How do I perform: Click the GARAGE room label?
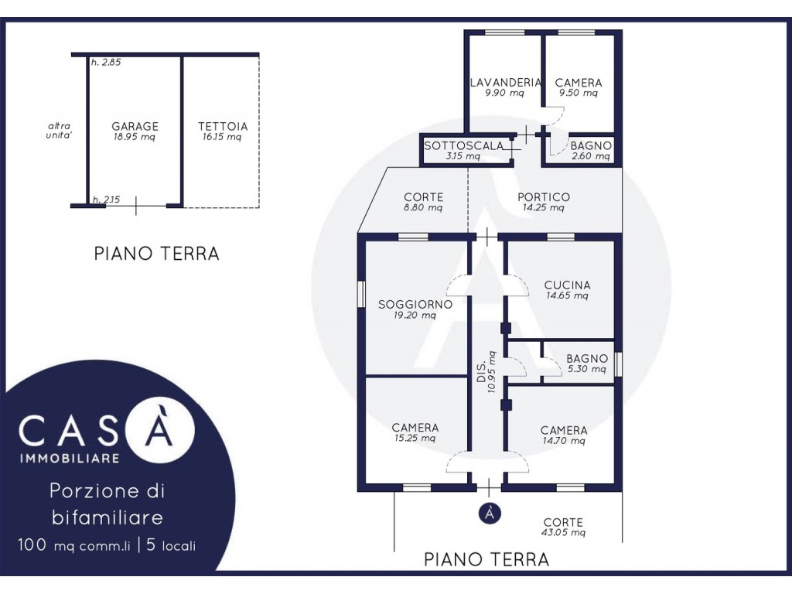tap(135, 126)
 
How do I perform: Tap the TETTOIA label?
tap(223, 126)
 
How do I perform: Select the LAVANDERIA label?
tap(506, 82)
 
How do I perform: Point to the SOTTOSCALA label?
tap(464, 145)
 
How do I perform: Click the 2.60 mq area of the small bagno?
tap(590, 156)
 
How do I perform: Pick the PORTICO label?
tap(544, 197)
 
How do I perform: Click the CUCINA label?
tap(567, 285)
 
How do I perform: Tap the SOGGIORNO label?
tap(415, 305)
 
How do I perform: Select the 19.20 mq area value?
tap(415, 316)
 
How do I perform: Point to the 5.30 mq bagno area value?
tap(586, 369)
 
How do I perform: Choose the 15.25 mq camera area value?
tap(415, 438)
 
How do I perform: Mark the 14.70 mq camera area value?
tap(564, 441)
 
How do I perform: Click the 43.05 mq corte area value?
tap(563, 532)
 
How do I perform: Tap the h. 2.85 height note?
tap(106, 63)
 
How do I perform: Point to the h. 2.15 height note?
tap(106, 200)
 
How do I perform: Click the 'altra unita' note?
tap(59, 130)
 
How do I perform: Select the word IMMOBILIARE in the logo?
tap(70, 458)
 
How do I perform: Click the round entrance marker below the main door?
tap(489, 514)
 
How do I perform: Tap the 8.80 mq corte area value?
tap(423, 207)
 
